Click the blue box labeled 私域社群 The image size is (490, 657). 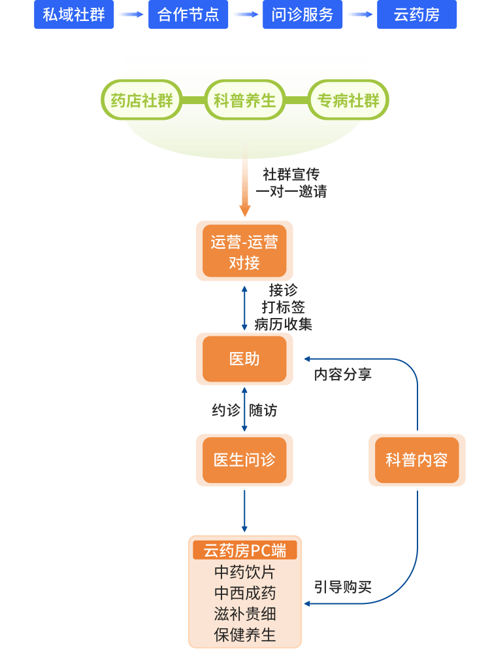click(x=74, y=15)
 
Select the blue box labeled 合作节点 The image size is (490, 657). click(x=188, y=15)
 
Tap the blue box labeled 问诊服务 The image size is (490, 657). click(x=302, y=15)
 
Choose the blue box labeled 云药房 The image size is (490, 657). click(x=417, y=15)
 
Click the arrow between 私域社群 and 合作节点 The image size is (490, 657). click(x=131, y=15)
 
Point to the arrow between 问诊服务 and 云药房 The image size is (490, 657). click(x=360, y=15)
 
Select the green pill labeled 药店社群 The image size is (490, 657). click(x=142, y=100)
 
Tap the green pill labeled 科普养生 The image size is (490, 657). click(x=245, y=100)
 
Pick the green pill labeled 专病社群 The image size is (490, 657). click(x=348, y=100)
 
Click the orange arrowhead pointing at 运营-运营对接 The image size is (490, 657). click(x=245, y=211)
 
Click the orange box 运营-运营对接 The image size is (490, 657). click(x=244, y=251)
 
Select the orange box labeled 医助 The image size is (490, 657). click(x=244, y=359)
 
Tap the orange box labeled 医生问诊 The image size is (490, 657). click(x=244, y=460)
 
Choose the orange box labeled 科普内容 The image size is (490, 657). click(x=417, y=460)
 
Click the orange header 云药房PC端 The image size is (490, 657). click(x=245, y=550)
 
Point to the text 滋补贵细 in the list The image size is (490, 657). click(x=245, y=614)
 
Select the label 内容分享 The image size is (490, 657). click(x=342, y=375)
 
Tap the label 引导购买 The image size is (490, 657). click(x=342, y=587)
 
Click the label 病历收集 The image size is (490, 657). click(x=284, y=324)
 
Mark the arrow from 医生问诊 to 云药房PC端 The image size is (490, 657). click(x=245, y=510)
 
